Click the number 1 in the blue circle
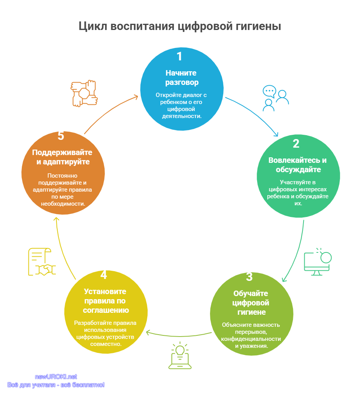(180, 56)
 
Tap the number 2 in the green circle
(296, 144)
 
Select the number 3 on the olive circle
(249, 277)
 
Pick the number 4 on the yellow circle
(104, 275)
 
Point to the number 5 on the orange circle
(61, 136)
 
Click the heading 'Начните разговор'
(181, 78)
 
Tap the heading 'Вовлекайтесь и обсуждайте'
(298, 165)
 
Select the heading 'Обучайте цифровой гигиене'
(251, 303)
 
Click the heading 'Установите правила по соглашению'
(105, 301)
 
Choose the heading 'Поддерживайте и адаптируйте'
(62, 157)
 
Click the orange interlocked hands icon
(84, 93)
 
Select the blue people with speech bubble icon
(275, 98)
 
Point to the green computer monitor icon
(318, 262)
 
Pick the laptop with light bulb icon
(180, 355)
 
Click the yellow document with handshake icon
(42, 262)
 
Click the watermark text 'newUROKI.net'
(56, 377)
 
